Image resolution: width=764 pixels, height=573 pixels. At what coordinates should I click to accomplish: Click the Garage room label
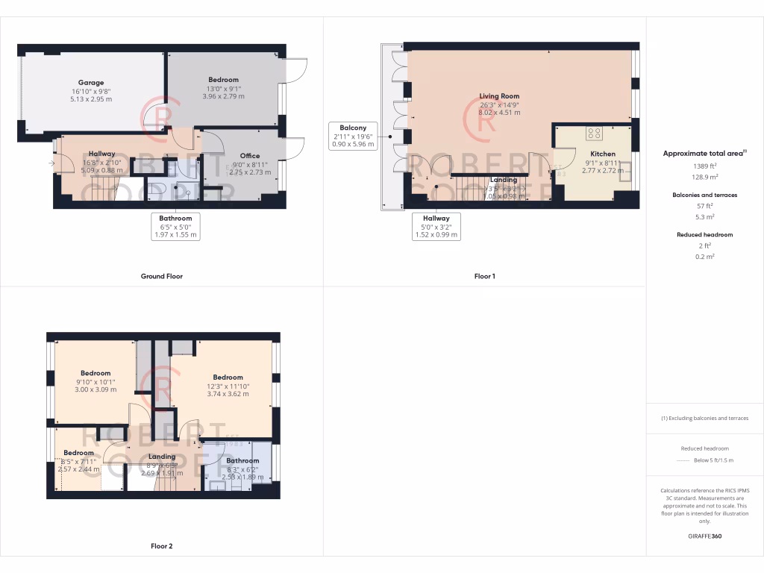click(x=91, y=83)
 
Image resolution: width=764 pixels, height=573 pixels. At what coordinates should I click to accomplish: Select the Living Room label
click(x=499, y=96)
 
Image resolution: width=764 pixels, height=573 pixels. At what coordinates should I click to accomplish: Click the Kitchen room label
click(x=598, y=154)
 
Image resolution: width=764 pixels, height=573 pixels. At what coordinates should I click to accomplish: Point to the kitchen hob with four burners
click(x=595, y=134)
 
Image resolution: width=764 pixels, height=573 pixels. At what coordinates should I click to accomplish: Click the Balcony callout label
click(x=352, y=128)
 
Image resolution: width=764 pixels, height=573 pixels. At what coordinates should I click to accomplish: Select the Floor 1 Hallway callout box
click(x=436, y=226)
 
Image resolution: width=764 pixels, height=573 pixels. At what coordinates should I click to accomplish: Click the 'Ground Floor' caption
click(x=162, y=276)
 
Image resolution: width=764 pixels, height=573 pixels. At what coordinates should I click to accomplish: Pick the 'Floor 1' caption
click(x=484, y=276)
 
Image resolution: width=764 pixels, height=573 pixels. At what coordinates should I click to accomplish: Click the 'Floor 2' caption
click(x=162, y=546)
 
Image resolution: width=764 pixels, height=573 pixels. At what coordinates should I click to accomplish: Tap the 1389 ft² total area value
click(x=704, y=166)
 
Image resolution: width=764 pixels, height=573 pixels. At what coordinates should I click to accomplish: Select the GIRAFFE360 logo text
click(x=704, y=536)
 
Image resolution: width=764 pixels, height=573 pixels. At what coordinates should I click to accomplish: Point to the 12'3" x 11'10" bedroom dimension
click(x=228, y=386)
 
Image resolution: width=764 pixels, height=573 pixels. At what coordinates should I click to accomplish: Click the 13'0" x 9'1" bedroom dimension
click(x=223, y=89)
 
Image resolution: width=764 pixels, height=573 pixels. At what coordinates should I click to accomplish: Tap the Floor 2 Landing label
click(x=162, y=457)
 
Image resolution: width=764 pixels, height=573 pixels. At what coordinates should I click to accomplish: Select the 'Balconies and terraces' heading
click(x=704, y=195)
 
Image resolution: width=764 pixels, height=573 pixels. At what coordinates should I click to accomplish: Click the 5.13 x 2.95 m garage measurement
click(x=91, y=99)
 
